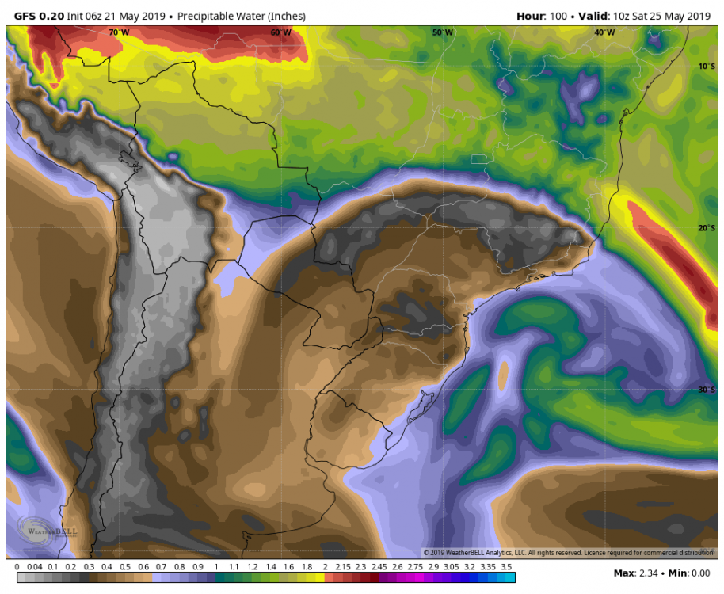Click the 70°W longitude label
[119, 32]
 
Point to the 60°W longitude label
[280, 32]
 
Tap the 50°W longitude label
[443, 32]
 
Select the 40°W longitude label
[604, 32]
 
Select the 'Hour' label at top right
[530, 16]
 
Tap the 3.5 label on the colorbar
[507, 567]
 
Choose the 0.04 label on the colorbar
[34, 567]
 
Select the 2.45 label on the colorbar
[379, 567]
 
